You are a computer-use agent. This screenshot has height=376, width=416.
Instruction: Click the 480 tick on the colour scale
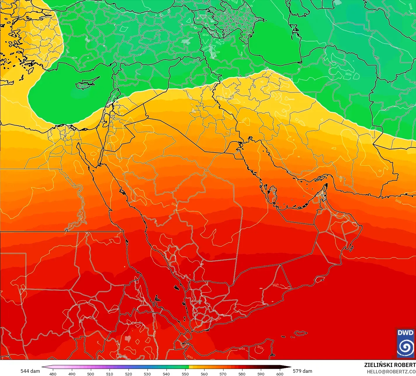click(x=53, y=374)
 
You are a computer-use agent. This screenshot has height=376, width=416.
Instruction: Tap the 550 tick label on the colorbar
click(x=185, y=374)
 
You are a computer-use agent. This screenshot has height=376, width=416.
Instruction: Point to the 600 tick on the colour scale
click(x=280, y=374)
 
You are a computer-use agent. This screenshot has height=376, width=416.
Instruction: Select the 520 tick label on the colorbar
click(x=129, y=374)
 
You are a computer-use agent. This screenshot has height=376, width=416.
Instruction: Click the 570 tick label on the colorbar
click(x=223, y=374)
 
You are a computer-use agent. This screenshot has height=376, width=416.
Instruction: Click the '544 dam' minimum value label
click(x=30, y=371)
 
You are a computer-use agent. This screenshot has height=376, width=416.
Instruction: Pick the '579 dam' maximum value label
click(x=302, y=371)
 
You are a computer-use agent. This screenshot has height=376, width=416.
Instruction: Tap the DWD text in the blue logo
click(x=405, y=333)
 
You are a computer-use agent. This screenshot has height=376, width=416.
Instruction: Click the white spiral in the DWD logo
click(x=405, y=347)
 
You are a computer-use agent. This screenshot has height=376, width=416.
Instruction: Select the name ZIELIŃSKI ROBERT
click(x=390, y=365)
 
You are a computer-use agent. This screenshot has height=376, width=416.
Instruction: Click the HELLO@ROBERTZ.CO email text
click(x=391, y=371)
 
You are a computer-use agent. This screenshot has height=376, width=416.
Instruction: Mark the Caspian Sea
click(x=275, y=44)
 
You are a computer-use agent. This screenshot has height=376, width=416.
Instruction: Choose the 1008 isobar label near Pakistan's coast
click(x=398, y=201)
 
